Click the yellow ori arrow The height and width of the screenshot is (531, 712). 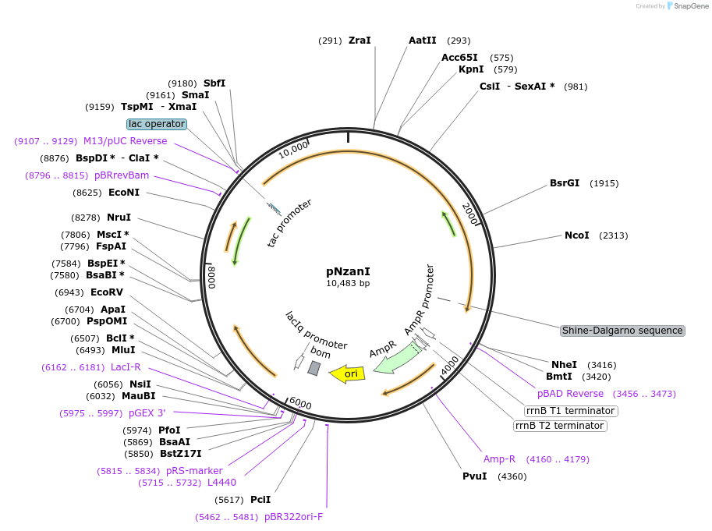347,373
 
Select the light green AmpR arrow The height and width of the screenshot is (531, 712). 399,358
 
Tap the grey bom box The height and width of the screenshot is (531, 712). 313,368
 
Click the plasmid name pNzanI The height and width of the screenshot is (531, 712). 348,271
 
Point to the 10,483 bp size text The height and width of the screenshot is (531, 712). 348,283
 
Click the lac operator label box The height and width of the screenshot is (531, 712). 157,124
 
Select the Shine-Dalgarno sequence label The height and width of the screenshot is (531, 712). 622,331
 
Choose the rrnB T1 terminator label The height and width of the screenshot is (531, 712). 571,411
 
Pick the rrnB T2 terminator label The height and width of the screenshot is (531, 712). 560,426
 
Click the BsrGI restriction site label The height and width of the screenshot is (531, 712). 565,183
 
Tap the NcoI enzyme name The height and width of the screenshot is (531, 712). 576,235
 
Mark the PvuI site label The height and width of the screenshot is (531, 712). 474,476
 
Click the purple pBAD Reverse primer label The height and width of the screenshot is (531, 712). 570,394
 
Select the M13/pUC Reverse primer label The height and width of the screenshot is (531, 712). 126,141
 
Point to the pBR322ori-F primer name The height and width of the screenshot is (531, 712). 294,517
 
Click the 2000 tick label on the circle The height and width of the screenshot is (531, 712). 470,214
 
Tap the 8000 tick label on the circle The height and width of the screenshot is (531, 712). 212,278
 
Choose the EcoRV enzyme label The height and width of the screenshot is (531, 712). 107,292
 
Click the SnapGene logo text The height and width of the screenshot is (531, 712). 691,6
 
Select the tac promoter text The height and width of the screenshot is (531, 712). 289,223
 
